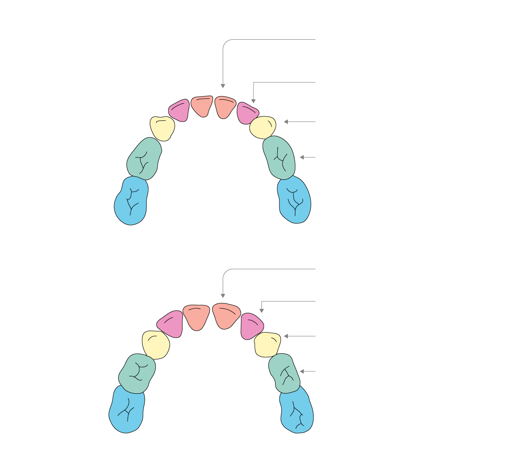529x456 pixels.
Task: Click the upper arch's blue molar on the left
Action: [130, 201]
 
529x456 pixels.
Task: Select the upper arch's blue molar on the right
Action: [294, 199]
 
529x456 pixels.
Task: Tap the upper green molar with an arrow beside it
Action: [279, 157]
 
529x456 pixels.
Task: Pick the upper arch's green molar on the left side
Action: [144, 159]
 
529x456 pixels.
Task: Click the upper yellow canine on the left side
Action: [162, 128]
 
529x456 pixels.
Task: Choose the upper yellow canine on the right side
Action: [263, 127]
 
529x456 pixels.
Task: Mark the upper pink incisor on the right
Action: [246, 113]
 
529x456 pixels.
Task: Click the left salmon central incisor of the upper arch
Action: [202, 106]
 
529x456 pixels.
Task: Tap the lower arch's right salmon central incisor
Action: [226, 315]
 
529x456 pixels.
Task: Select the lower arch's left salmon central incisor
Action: [196, 316]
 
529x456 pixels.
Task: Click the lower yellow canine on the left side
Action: [156, 344]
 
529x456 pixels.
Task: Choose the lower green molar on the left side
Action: [137, 373]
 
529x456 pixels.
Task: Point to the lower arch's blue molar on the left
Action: [127, 410]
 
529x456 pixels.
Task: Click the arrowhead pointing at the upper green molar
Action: [302, 157]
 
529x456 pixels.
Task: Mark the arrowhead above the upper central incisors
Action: [223, 86]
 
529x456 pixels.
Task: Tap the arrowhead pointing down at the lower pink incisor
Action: [261, 311]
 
